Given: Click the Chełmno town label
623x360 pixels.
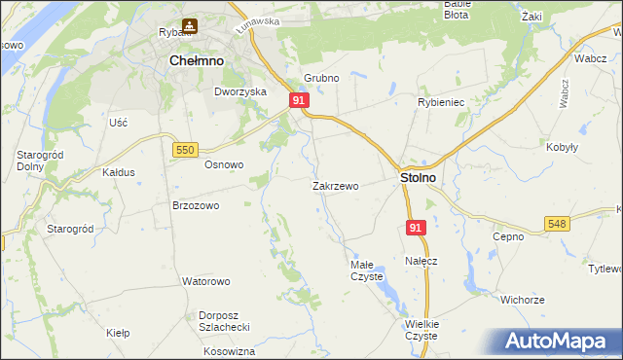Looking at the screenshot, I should pos(197,60).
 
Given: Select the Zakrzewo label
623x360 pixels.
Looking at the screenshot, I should pos(336,186).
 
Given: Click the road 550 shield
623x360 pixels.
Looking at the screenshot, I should pos(185,149).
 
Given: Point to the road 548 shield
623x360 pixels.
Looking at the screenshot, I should pos(557,224).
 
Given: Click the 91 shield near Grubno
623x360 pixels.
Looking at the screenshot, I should pos(300,100).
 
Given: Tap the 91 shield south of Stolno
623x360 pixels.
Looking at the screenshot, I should pos(416,228).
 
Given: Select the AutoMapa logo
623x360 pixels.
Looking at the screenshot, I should pos(561,342).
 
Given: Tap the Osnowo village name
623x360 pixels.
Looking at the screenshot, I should pos(223,164).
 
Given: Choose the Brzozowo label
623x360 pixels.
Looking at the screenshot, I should pos(196,206).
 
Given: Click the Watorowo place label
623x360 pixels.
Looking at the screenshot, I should pos(205,281).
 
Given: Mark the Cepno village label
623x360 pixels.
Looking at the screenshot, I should pos(508,236).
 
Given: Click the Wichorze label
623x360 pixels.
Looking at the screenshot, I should pos(523,300).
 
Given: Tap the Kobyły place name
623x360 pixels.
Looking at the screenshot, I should pos(563,147).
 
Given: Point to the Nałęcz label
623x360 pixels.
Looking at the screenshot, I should pos(421,261).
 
